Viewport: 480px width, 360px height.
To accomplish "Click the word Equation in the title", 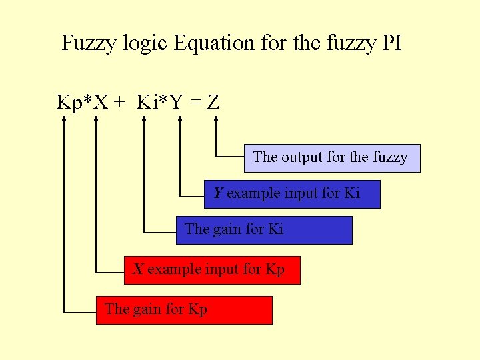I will point(213,43).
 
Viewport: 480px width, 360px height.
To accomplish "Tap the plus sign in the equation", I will point(120,103).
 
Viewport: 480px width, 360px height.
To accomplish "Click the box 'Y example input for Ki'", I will point(292,194).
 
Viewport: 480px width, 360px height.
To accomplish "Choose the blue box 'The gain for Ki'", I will point(264,230).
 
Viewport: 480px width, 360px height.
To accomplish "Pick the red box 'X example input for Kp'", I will point(212,270).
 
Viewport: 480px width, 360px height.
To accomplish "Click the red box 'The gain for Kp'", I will point(184,310).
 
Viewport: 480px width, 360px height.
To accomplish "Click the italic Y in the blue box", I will point(218,193).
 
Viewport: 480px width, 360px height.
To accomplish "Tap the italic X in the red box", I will point(139,269).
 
